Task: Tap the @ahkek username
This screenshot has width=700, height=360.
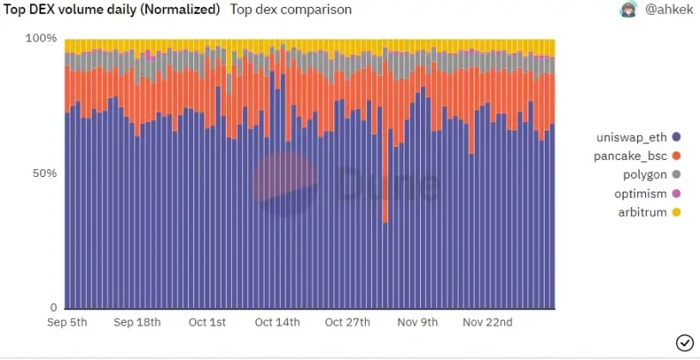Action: (667, 10)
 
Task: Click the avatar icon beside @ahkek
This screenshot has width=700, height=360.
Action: (628, 10)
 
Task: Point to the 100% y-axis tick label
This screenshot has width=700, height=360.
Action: (41, 39)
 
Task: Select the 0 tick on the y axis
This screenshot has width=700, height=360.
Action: (52, 308)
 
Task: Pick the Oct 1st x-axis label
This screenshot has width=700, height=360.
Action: (206, 323)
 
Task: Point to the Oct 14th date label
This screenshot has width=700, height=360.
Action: (277, 323)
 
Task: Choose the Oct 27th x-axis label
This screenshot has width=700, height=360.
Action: (347, 323)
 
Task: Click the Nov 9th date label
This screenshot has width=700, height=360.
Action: (417, 323)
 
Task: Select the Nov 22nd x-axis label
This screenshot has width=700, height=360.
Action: (488, 323)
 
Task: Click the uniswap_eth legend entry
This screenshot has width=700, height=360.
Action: (636, 137)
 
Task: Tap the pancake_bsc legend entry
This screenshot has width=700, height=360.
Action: (636, 156)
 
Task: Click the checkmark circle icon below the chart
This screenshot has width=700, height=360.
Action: (685, 343)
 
